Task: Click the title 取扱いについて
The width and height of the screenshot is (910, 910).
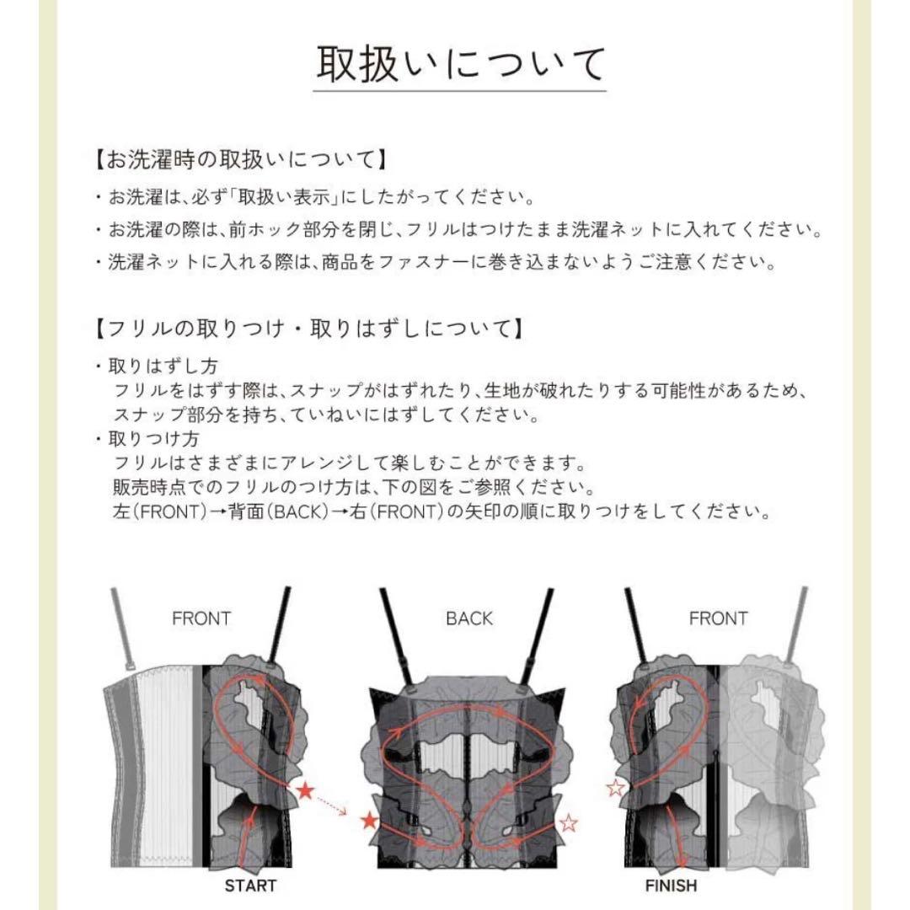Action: click(460, 65)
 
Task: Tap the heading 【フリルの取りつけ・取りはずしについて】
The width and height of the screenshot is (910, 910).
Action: click(308, 328)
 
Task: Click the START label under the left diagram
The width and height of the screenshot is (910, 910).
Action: click(250, 886)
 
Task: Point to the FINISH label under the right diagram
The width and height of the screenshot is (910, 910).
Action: click(671, 886)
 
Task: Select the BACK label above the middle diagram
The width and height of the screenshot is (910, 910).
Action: click(469, 619)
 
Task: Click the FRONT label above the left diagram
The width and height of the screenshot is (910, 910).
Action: click(201, 619)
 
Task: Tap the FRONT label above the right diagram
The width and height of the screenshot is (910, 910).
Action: click(718, 619)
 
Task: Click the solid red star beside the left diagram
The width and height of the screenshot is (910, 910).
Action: click(305, 790)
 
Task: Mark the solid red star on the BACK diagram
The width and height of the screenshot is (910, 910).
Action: click(368, 821)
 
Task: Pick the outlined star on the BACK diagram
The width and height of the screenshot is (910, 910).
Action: click(570, 822)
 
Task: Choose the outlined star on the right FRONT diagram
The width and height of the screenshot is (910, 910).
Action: click(617, 788)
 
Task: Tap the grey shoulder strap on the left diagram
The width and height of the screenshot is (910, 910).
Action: click(126, 624)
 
